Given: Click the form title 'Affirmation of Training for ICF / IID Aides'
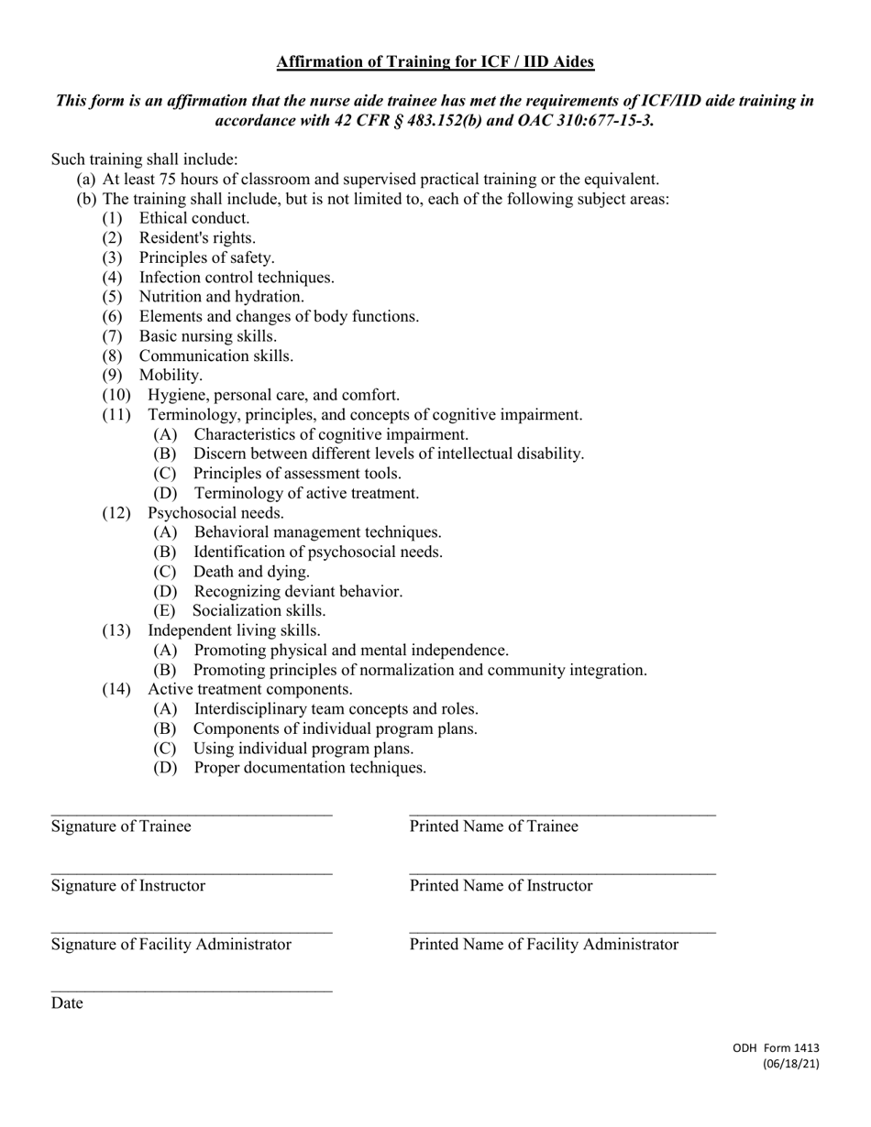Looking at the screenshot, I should tap(435, 62).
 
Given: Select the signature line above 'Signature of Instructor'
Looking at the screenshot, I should tap(192, 873).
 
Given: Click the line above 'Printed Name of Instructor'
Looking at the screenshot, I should tap(562, 873).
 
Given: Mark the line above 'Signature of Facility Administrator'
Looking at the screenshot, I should tap(192, 932).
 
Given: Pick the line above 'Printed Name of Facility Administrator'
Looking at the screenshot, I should tap(562, 932).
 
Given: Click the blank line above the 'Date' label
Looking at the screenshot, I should tap(192, 990).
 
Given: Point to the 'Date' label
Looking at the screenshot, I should tap(67, 1003).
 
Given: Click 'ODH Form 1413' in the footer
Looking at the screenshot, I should tap(776, 1049).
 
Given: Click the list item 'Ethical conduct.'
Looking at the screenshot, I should tap(193, 218).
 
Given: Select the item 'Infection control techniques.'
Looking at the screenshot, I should tap(237, 277).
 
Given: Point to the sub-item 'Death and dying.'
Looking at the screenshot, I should tap(251, 572).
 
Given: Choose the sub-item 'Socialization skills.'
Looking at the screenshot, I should tap(259, 610).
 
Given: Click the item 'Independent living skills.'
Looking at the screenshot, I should tap(234, 630).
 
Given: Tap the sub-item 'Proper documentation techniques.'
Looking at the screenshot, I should tap(310, 768).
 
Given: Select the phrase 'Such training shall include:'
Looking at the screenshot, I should tap(144, 159).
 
